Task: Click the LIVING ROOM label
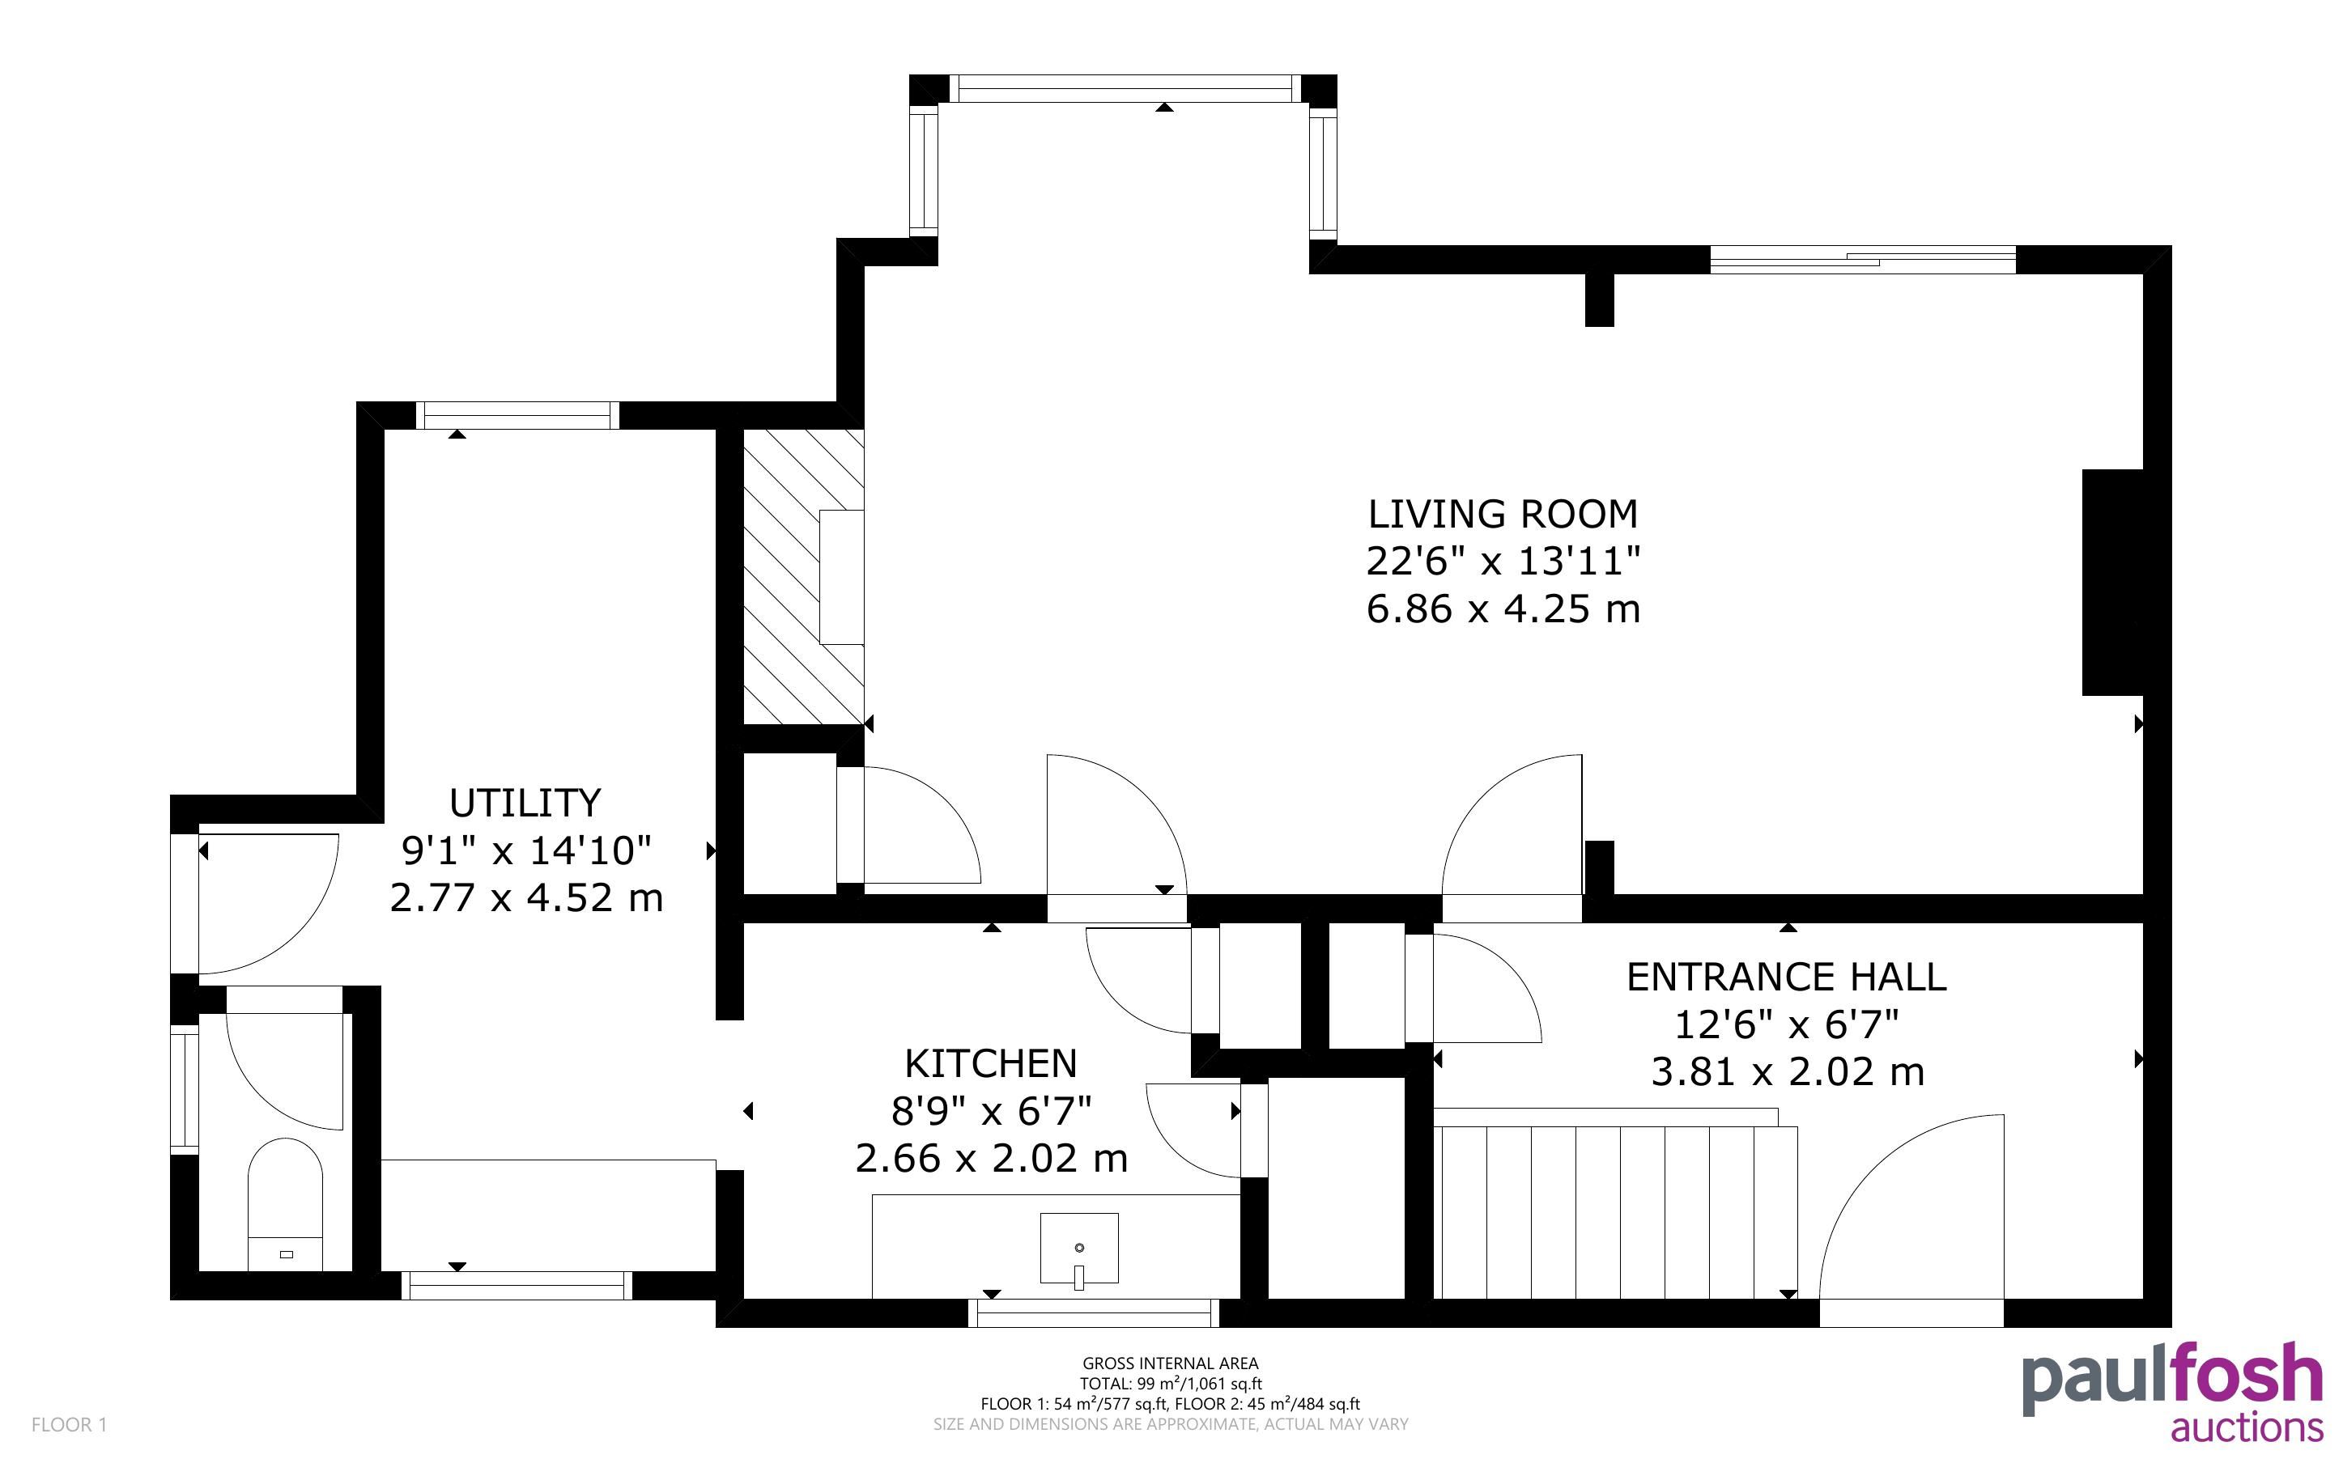[1503, 514]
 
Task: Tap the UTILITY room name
[525, 803]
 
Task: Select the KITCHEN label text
[991, 1063]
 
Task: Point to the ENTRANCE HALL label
[1787, 977]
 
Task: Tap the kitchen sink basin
[1079, 1251]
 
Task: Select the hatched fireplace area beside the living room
[802, 577]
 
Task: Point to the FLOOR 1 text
[69, 1424]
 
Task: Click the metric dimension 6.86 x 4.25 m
[1503, 609]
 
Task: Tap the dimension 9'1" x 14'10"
[526, 850]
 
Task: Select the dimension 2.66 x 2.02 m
[991, 1158]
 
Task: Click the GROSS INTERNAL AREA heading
[1170, 1363]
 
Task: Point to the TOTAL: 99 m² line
[1170, 1384]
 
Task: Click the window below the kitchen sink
[1094, 1313]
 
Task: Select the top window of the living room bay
[1124, 89]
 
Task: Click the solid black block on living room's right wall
[2113, 583]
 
